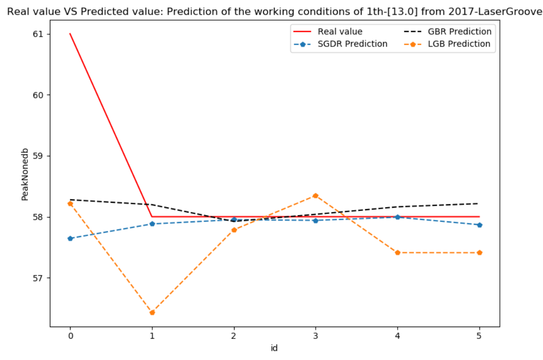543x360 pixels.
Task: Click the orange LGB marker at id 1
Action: tap(152, 312)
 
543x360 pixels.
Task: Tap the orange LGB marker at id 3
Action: tap(316, 195)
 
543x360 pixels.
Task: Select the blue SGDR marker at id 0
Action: tap(70, 239)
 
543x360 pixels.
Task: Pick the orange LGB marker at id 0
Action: tap(70, 204)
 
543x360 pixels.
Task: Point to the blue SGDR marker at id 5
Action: tap(479, 225)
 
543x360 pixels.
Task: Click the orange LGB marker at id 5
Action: tap(479, 253)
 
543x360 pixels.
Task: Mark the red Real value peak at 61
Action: tap(70, 34)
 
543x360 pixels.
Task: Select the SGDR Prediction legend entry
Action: tap(352, 44)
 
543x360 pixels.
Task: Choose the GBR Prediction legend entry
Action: tap(459, 32)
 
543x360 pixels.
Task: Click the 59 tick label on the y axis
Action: tap(38, 156)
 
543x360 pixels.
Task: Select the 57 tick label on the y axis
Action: tap(38, 278)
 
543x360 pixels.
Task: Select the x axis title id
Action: tap(274, 348)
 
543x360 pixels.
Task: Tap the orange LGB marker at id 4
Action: tap(398, 253)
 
